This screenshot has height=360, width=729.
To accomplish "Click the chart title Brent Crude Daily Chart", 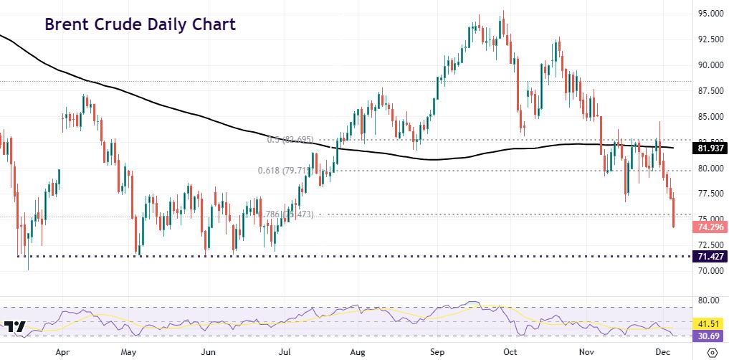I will (140, 24).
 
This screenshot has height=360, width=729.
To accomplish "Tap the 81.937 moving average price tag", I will (710, 149).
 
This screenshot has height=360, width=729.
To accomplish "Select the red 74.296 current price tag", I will (710, 227).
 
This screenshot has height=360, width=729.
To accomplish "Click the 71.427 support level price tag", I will (710, 256).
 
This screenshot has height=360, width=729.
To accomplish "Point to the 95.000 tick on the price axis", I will (710, 14).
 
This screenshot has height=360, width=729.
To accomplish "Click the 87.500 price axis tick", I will (710, 91).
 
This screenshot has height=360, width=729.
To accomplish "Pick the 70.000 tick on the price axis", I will (710, 271).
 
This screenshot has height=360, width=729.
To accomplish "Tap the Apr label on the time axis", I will (62, 352).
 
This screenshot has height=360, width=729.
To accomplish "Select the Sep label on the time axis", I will (436, 352).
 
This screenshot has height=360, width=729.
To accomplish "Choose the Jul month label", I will (285, 352).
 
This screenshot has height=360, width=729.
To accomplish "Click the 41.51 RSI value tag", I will (711, 324).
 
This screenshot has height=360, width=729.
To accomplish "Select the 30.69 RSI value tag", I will (711, 336).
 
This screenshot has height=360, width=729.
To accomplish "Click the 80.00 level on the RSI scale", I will (708, 300).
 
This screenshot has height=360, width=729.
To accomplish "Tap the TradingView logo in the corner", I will (14, 328).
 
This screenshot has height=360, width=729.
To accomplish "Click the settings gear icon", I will (711, 352).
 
